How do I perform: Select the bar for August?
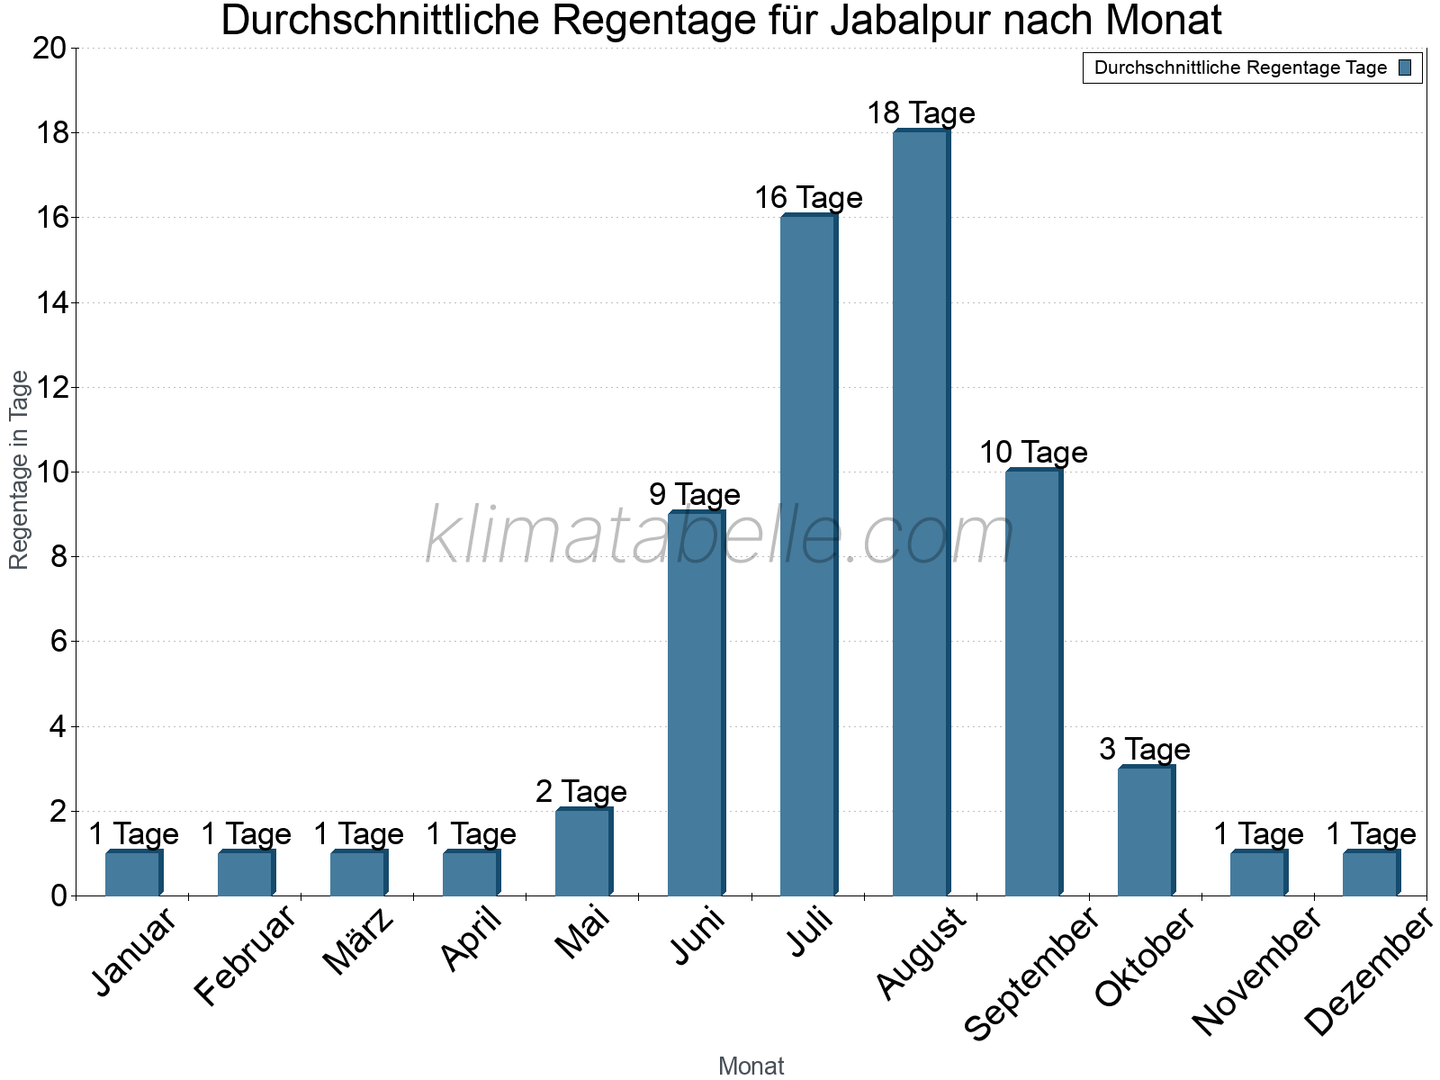920,513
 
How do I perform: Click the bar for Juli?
807,555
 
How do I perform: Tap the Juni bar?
695,703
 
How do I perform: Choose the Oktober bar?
1145,831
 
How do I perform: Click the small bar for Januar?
132,873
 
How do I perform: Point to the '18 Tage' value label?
921,113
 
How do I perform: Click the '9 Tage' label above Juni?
695,494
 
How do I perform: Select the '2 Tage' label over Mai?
581,791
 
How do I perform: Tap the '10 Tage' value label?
1033,452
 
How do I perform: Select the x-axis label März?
358,941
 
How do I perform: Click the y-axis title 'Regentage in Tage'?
20,470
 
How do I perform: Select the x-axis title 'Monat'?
751,1066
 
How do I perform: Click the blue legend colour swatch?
1405,67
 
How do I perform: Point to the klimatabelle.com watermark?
720,536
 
